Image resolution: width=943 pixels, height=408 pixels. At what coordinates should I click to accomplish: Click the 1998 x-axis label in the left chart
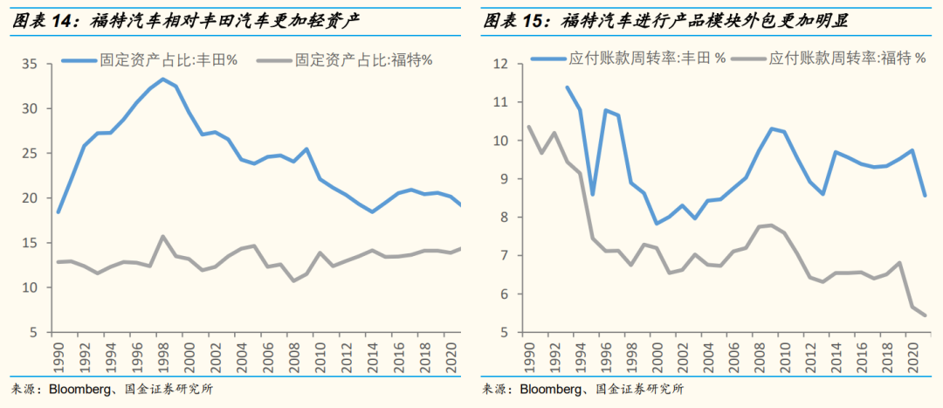[162, 357]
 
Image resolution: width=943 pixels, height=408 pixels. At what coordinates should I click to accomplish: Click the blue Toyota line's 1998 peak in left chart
[162, 79]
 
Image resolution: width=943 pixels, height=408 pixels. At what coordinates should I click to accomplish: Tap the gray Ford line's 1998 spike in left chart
[162, 236]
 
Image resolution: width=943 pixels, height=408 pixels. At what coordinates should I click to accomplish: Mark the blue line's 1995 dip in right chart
[593, 194]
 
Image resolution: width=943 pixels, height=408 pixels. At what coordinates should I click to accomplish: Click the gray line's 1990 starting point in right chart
[529, 127]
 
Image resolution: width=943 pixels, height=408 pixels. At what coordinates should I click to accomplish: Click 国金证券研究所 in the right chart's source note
[639, 389]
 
